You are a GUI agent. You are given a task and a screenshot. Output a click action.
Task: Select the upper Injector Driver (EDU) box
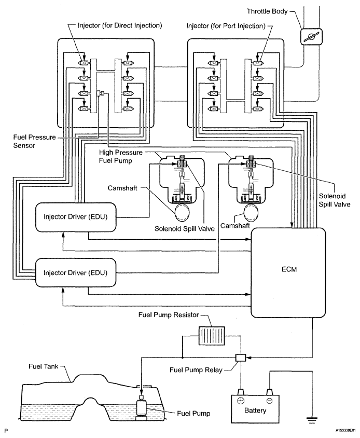(x=76, y=217)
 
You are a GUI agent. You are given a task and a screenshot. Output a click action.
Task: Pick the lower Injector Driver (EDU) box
(x=76, y=271)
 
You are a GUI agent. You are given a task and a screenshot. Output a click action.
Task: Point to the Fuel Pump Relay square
(x=240, y=358)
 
